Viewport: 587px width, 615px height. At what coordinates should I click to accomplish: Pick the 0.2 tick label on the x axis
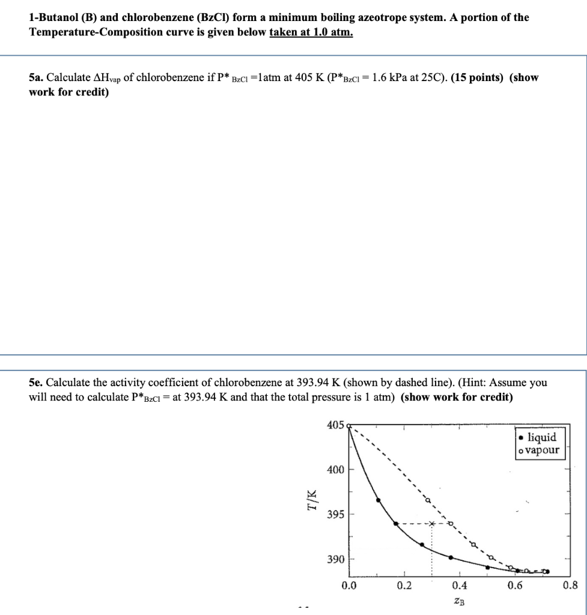[x=404, y=586]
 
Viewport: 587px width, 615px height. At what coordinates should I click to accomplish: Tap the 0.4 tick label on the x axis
[x=460, y=586]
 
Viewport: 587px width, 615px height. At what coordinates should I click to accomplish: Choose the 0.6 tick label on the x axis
[x=515, y=586]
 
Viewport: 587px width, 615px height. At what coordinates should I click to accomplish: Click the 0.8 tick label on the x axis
[x=570, y=586]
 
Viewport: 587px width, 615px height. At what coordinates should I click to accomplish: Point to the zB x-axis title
[x=459, y=601]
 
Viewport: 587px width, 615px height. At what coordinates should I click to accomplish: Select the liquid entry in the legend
[x=540, y=437]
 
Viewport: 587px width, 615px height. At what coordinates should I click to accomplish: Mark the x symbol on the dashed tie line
[x=431, y=524]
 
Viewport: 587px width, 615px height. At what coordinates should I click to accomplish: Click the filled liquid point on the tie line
[x=395, y=524]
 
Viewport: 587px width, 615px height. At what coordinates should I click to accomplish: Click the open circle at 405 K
[x=349, y=425]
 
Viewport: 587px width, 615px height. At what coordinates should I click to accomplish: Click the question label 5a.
[x=36, y=78]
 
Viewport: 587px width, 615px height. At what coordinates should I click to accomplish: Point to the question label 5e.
[x=36, y=383]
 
